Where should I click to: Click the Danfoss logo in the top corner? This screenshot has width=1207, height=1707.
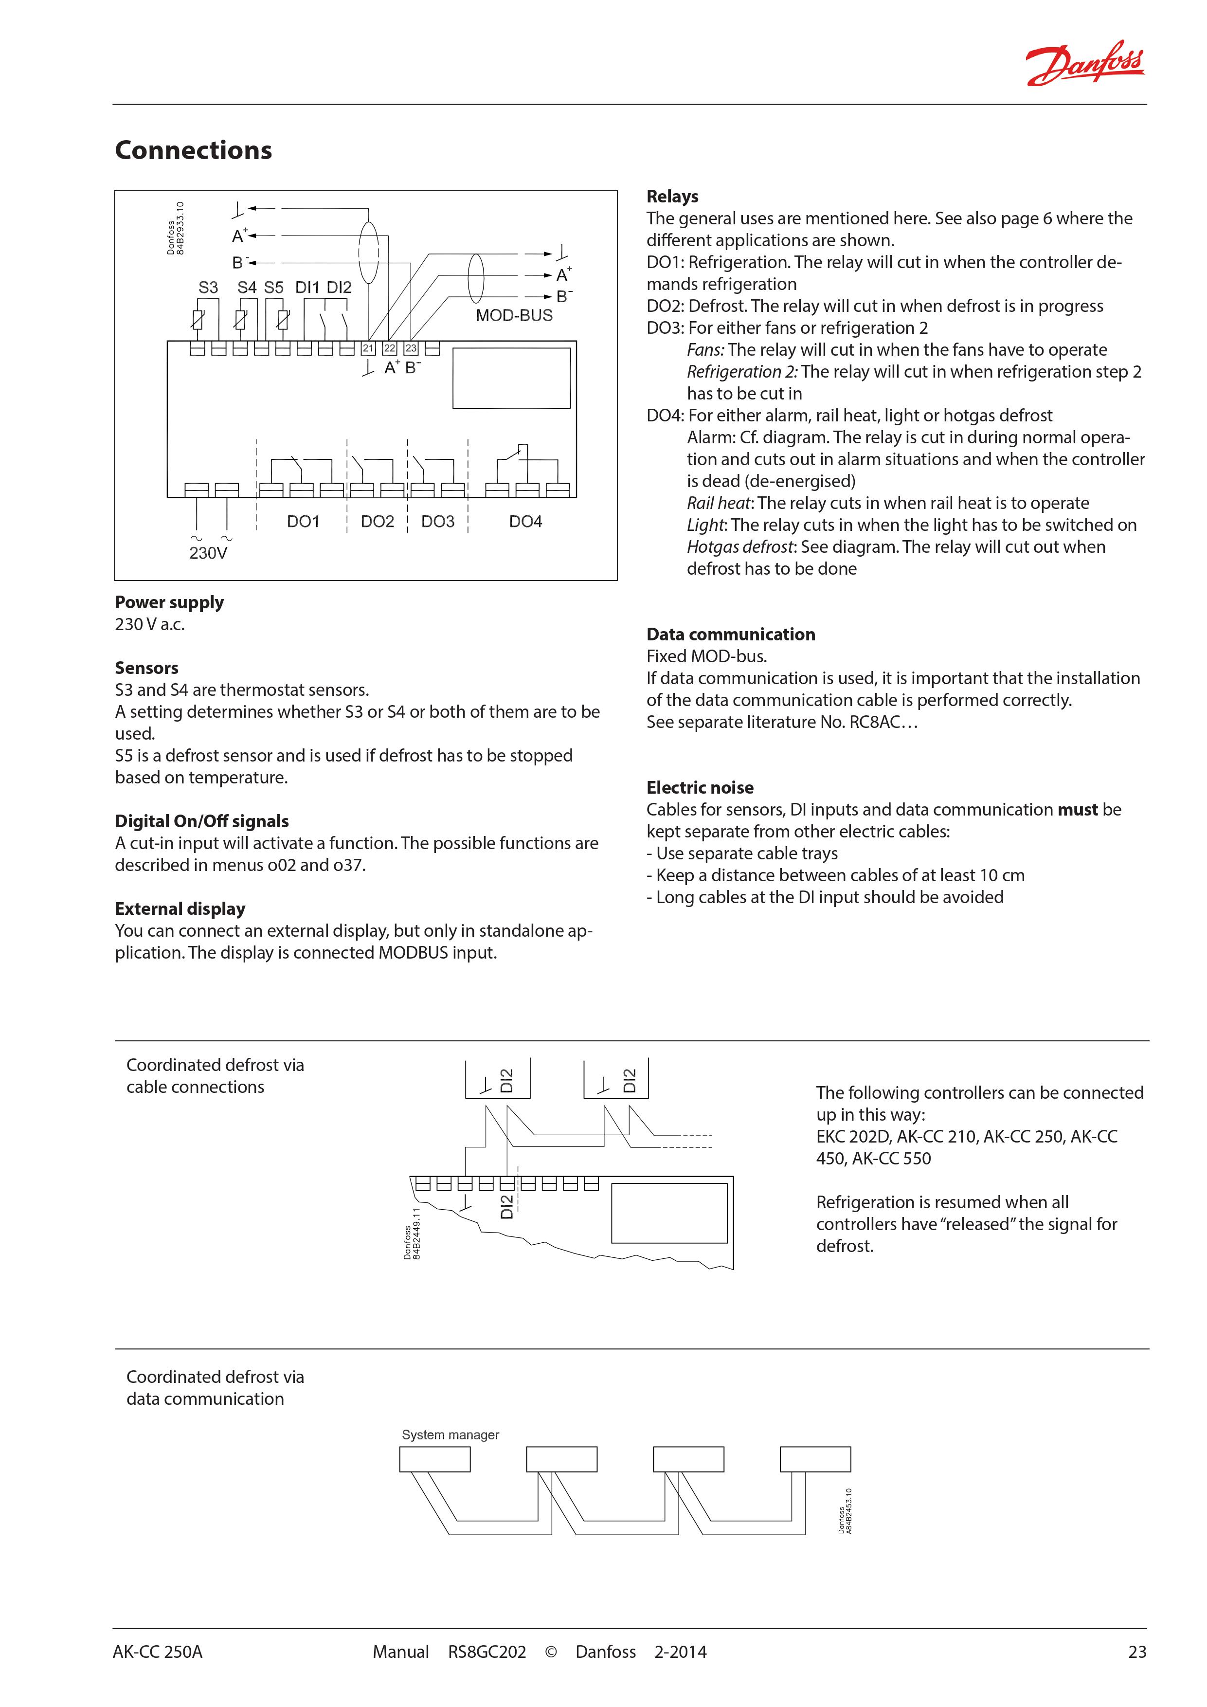click(1084, 63)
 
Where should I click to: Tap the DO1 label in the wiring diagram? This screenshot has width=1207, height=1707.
click(303, 522)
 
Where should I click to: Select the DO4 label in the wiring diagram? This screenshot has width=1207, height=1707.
click(525, 522)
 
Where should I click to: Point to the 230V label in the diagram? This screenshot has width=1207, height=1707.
click(208, 553)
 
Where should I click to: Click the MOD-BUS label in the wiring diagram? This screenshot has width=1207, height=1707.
click(514, 315)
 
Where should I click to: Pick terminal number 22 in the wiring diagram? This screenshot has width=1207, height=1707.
click(390, 348)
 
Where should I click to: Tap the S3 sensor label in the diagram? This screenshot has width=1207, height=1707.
click(208, 288)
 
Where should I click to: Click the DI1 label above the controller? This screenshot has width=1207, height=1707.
click(307, 288)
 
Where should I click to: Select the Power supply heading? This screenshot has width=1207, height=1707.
click(169, 602)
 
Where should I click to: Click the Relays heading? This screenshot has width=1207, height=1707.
click(672, 196)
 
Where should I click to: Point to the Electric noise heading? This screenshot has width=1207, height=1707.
click(700, 787)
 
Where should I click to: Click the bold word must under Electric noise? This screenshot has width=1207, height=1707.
click(1078, 810)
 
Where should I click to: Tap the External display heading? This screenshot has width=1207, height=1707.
click(180, 908)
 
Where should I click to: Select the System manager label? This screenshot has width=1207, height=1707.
click(450, 1435)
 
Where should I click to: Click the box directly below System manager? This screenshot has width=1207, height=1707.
click(435, 1459)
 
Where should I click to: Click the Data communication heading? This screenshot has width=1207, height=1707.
click(731, 634)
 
